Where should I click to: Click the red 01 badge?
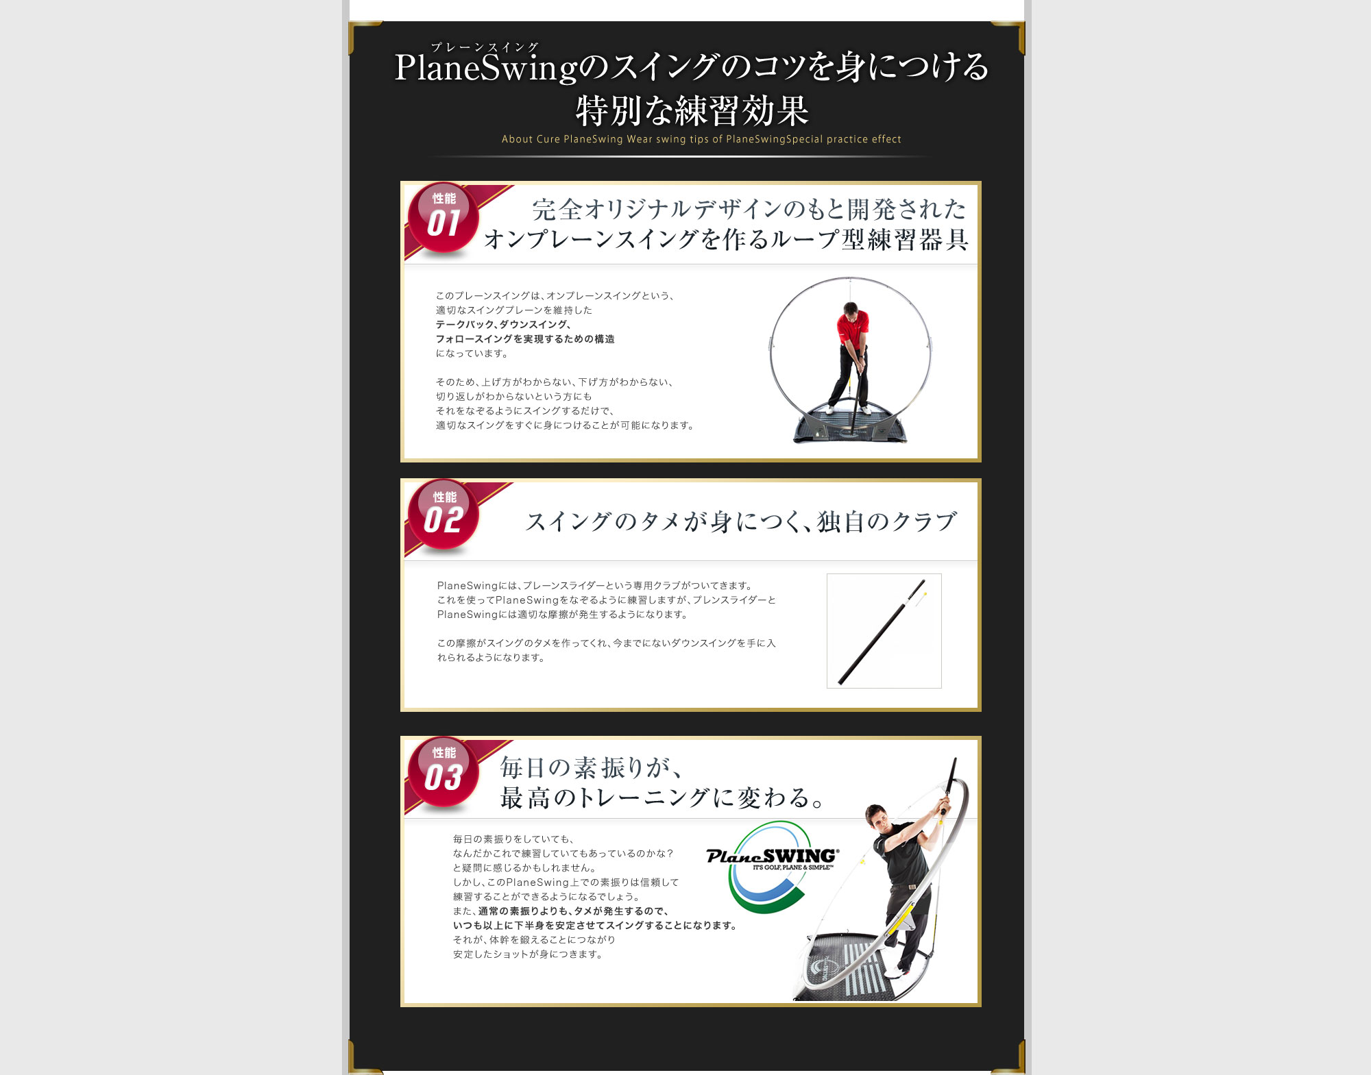[x=443, y=218]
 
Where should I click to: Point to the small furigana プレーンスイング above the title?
[x=485, y=47]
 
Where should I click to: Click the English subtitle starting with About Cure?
[x=701, y=139]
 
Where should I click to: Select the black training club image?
[x=884, y=630]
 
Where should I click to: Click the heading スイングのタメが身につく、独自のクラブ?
[x=741, y=521]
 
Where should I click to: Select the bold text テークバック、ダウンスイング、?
[x=503, y=324]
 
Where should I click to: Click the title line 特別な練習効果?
[x=692, y=111]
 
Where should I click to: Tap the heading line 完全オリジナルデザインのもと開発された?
[x=749, y=209]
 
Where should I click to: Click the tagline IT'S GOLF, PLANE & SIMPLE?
[x=793, y=867]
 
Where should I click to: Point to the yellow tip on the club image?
[x=925, y=594]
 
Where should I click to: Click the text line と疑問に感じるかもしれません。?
[x=524, y=868]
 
